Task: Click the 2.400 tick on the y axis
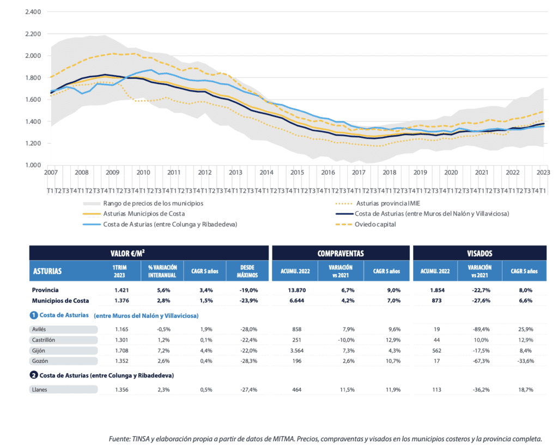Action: [x=33, y=12]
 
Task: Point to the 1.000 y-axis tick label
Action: [x=33, y=165]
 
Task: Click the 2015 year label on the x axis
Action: [x=297, y=172]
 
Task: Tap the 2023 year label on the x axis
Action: [x=543, y=172]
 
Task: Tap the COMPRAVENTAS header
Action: [x=341, y=253]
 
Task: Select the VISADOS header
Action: [x=480, y=253]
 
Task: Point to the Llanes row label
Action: [x=41, y=389]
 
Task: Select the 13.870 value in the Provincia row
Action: [x=295, y=290]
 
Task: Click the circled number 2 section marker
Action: [x=33, y=375]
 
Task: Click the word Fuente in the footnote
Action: [x=119, y=438]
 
